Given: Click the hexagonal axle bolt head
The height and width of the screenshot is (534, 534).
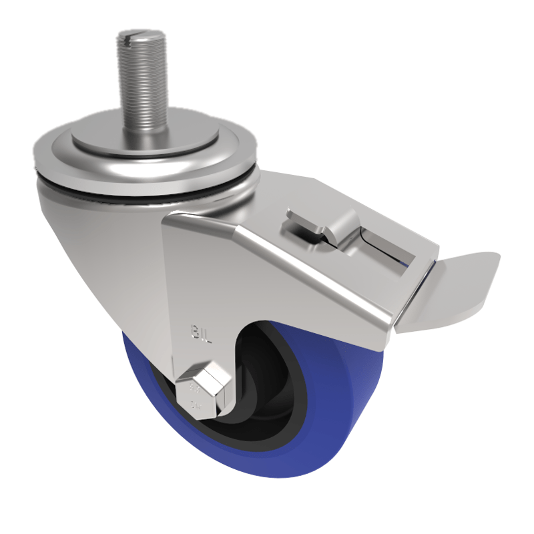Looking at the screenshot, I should [x=203, y=387].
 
